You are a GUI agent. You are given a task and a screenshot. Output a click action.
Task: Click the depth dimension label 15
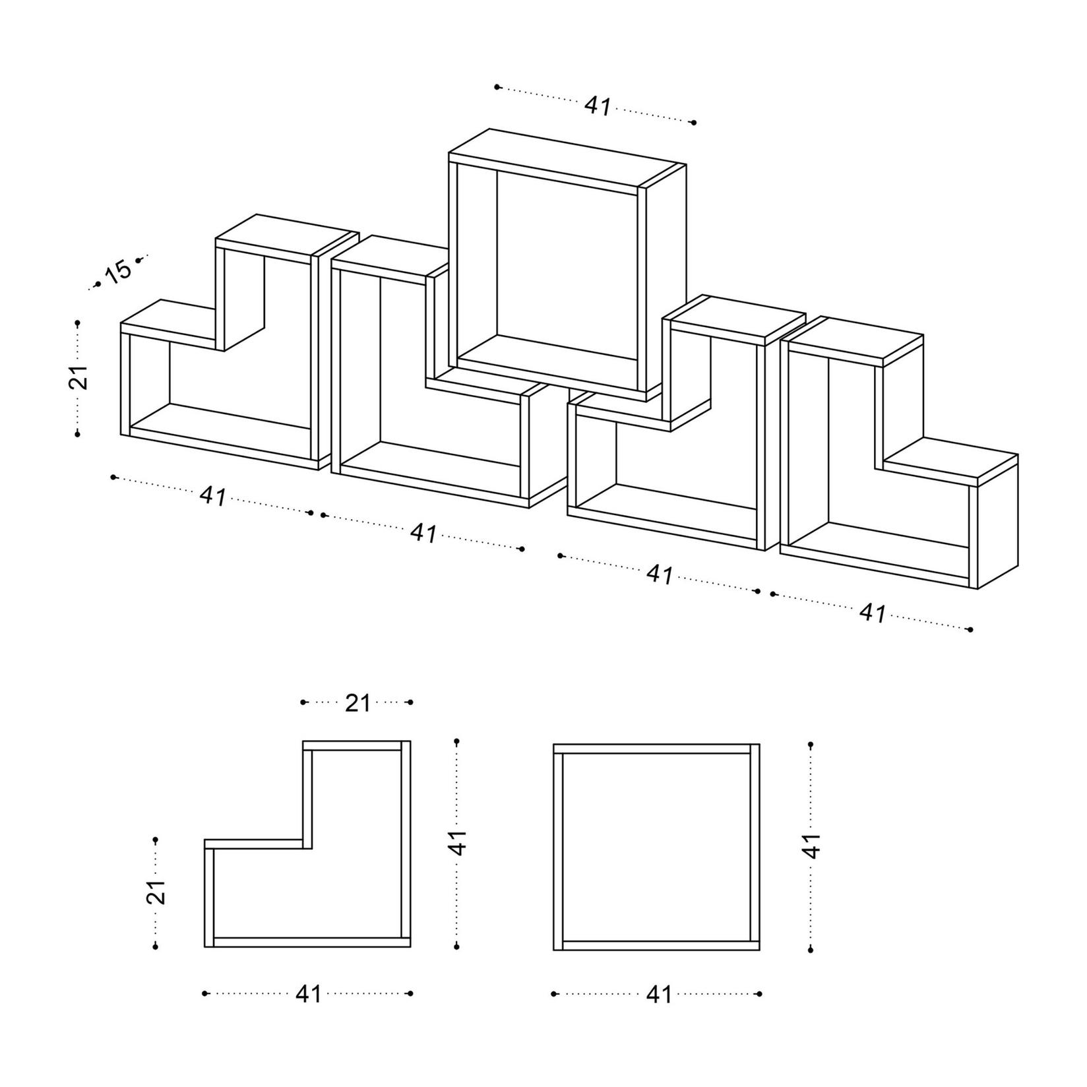[x=119, y=271]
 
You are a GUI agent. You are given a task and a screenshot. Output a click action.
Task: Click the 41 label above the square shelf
[x=598, y=106]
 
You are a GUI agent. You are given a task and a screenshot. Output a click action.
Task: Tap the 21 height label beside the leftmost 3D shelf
[x=78, y=378]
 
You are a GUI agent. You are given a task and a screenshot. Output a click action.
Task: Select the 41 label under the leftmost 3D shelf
[x=213, y=496]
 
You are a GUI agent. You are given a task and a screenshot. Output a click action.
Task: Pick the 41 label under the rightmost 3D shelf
[x=872, y=613]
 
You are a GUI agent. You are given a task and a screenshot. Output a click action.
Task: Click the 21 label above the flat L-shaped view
[x=357, y=703]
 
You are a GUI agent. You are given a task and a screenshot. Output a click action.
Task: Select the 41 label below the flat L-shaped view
[x=308, y=993]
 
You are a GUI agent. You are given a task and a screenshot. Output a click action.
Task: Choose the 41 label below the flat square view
[x=658, y=993]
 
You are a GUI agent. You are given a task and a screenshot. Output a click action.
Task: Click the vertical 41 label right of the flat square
[x=812, y=846]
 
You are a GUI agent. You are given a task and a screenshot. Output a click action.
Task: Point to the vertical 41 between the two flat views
[x=458, y=843]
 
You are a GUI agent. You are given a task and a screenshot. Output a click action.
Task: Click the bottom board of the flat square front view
[x=656, y=945]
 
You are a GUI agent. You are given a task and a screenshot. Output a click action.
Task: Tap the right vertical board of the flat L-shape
[x=406, y=844]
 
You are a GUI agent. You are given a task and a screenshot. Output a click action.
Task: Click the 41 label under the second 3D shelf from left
[x=423, y=533]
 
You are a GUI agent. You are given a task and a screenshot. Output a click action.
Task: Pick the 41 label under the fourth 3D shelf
[x=660, y=575]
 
